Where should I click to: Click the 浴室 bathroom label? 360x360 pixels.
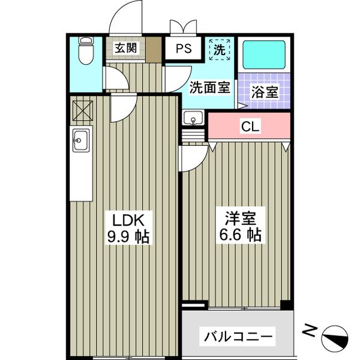point(264,93)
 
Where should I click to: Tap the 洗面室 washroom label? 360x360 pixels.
point(210,87)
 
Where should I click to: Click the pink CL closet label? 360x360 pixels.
point(250,127)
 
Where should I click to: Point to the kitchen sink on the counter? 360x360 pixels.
point(80,142)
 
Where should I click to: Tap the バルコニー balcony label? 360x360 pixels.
point(238,334)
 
